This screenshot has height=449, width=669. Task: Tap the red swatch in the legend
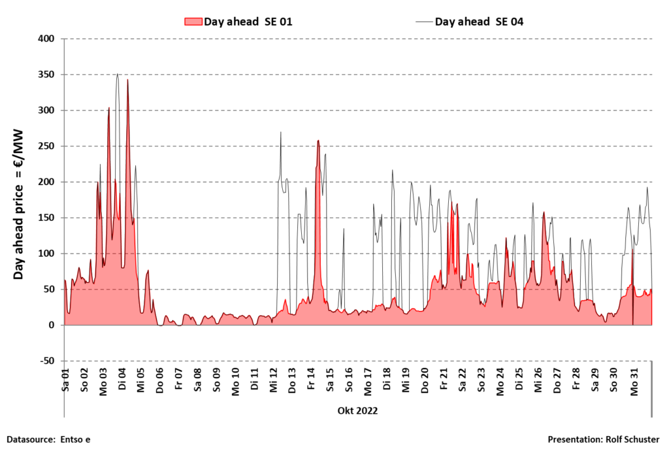193,22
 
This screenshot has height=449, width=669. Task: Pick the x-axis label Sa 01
65,380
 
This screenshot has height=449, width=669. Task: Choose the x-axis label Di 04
122,380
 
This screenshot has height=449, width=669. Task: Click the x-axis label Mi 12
273,380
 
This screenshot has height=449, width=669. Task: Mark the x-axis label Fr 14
311,380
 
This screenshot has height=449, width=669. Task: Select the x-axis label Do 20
425,380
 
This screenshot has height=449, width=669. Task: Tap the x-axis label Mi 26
538,380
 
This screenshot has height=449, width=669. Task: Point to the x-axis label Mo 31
633,380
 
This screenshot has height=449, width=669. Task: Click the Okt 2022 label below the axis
357,410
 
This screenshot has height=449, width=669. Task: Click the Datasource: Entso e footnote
48,439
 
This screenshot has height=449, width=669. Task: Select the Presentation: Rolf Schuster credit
604,439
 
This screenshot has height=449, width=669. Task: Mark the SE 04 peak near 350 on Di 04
117,75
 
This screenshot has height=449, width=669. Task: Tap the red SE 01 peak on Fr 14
318,141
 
